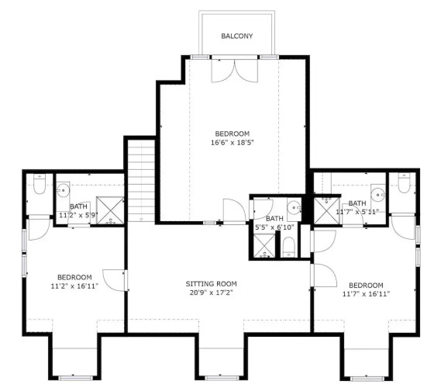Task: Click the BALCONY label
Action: (236, 36)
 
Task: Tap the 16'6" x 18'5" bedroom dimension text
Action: (232, 143)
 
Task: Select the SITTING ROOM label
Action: (211, 284)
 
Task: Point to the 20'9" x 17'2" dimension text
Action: (211, 293)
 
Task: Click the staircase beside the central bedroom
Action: (141, 180)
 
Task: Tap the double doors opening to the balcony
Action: (235, 71)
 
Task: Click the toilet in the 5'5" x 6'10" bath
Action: (289, 248)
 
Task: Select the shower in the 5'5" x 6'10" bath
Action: (265, 246)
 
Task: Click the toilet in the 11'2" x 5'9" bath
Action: (40, 184)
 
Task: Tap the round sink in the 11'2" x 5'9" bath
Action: (63, 190)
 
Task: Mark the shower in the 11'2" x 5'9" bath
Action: (110, 210)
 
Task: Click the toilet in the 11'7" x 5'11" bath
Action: (404, 183)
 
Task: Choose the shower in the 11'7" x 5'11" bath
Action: (326, 211)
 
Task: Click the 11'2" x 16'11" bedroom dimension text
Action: (74, 286)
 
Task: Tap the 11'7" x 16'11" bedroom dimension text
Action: (366, 294)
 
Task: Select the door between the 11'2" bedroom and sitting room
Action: (115, 280)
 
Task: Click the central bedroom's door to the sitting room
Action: (234, 210)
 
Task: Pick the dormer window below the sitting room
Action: (222, 378)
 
